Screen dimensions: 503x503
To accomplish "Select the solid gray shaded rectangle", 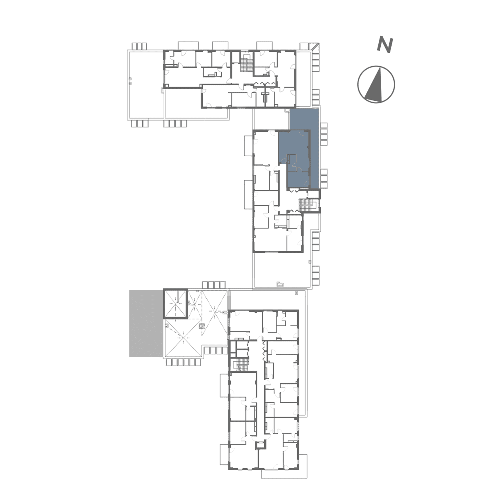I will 146,323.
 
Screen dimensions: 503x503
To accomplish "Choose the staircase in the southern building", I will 242,364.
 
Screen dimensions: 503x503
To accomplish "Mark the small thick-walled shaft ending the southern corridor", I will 260,445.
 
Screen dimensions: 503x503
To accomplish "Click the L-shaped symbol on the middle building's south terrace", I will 280,284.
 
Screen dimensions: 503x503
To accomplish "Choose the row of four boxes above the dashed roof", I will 214,285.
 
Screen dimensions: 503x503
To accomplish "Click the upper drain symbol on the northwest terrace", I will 131,79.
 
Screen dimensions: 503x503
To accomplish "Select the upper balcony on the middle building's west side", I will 248,146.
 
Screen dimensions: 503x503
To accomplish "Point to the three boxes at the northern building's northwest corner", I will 139,46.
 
